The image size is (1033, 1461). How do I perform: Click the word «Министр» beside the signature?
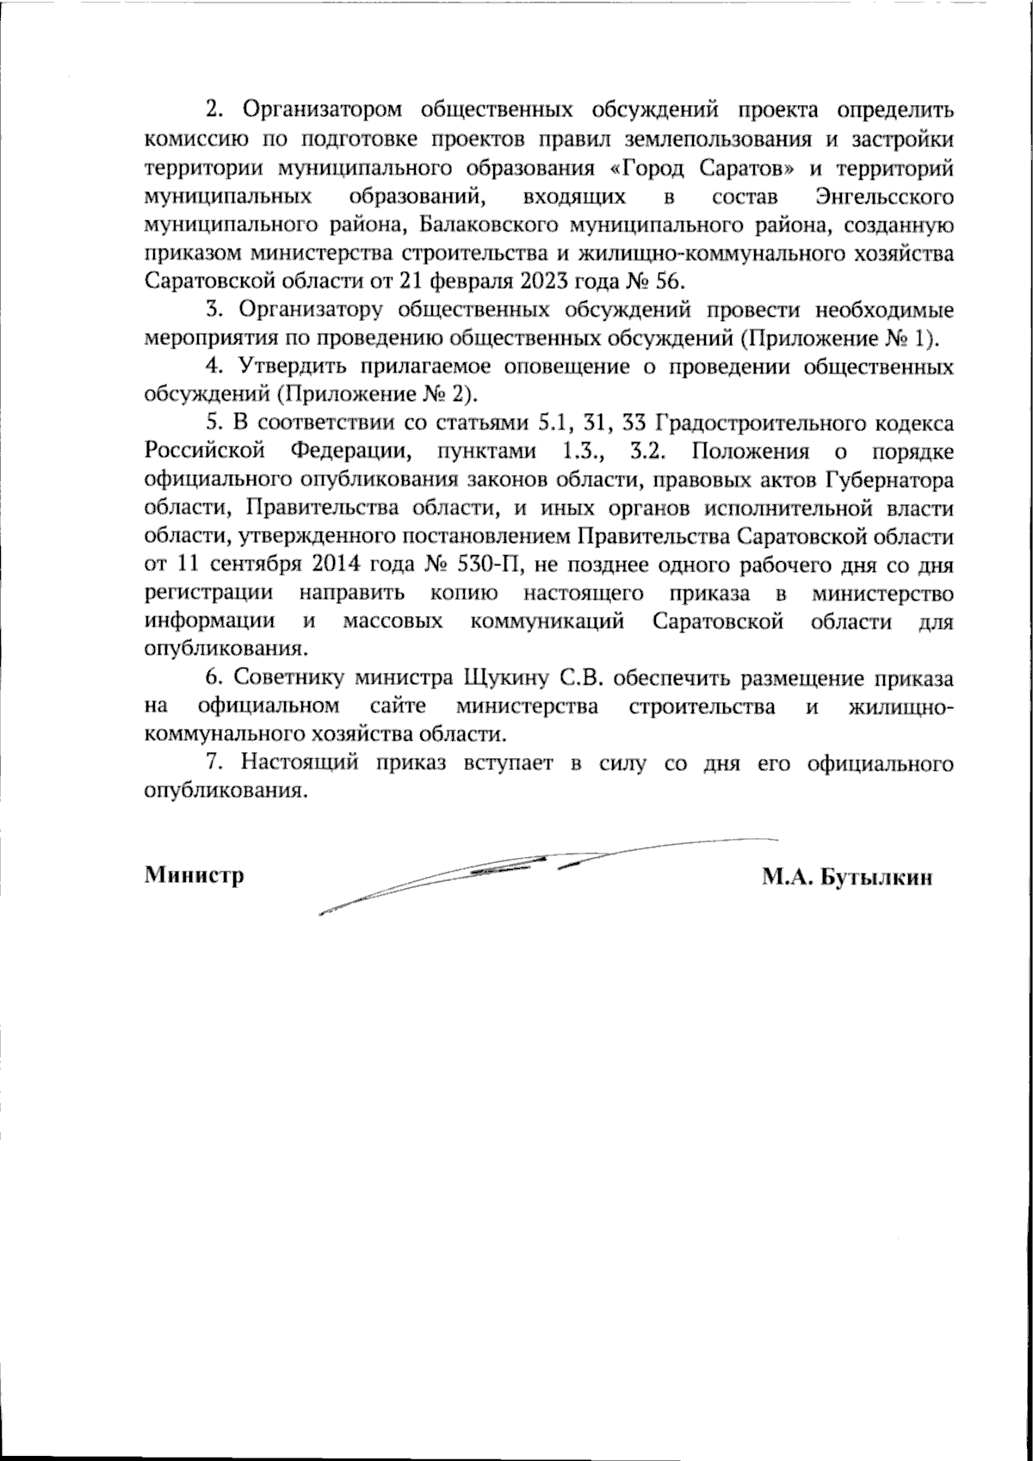[194, 876]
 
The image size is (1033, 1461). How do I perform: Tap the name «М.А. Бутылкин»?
[846, 876]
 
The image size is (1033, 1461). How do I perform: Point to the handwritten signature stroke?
[516, 869]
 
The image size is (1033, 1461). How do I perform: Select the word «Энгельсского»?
[882, 197]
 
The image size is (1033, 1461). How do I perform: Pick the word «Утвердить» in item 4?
[289, 367]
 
